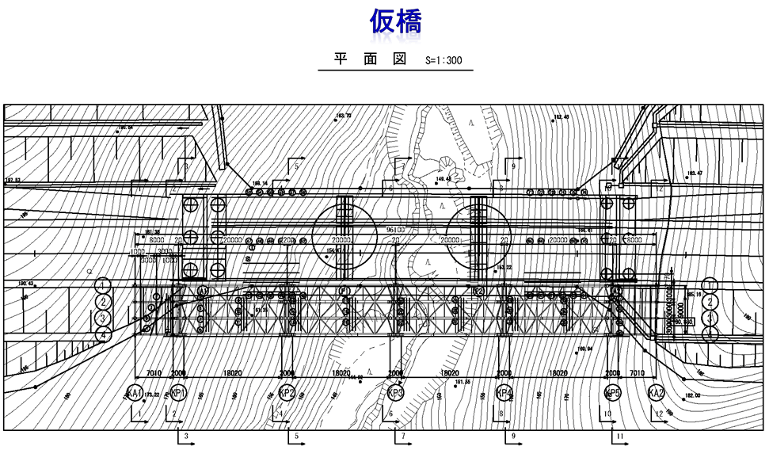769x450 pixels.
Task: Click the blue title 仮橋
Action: (395, 21)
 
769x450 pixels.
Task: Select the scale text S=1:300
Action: (444, 59)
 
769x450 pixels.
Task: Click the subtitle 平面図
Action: (370, 59)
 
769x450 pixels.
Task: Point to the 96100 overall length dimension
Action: (396, 231)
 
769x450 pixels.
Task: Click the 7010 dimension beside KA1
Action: (154, 372)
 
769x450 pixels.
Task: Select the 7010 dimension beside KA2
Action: (636, 372)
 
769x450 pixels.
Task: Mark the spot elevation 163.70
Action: (344, 116)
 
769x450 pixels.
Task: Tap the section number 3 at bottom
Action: (186, 437)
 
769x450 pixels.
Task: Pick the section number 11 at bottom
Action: (622, 437)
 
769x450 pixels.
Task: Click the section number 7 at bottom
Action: (403, 437)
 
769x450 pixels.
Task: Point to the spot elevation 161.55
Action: (463, 383)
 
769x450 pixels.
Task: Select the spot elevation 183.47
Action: (695, 173)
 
